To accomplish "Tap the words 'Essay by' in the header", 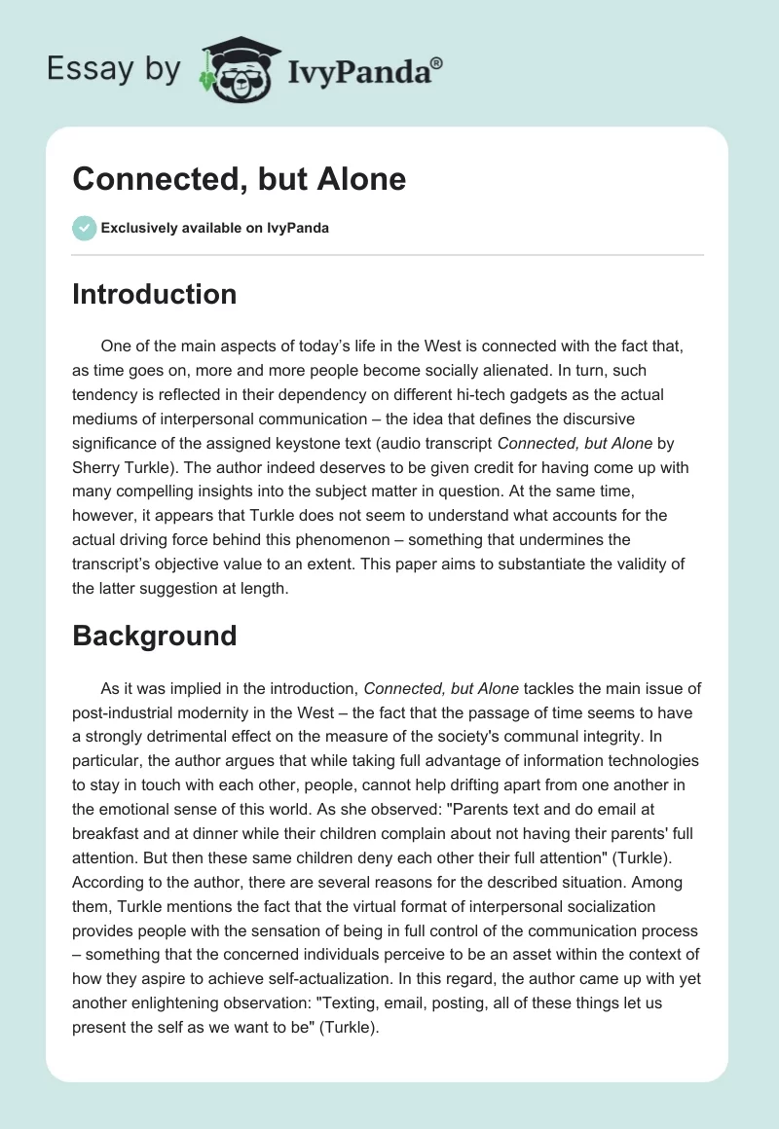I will click(113, 69).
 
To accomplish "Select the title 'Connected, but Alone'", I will click(240, 179).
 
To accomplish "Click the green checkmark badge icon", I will click(84, 228).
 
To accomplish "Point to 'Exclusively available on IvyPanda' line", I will click(214, 229).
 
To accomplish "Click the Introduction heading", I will click(154, 294).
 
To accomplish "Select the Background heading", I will click(154, 636).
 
